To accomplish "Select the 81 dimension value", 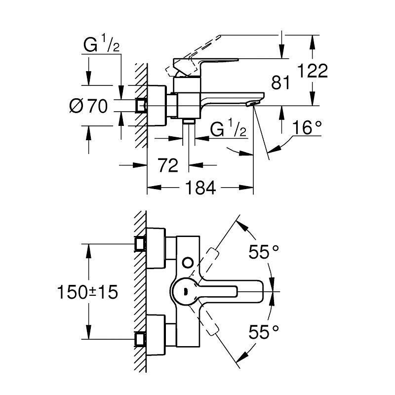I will coord(281,83).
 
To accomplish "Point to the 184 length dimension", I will coord(201,188).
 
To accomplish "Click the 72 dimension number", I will coord(168,166).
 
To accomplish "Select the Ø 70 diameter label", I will coord(88,106).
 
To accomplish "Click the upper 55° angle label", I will coord(264,253).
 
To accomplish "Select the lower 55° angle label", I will coord(264,332).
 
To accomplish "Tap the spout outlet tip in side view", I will coord(252,103).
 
